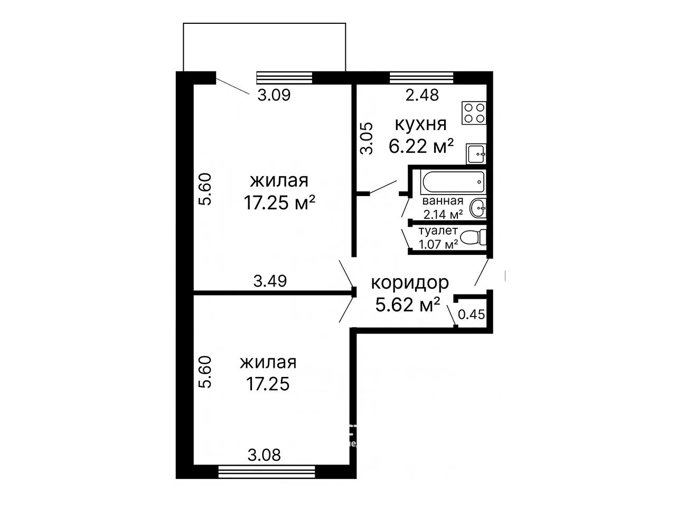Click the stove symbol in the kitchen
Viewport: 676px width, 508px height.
pyautogui.click(x=474, y=113)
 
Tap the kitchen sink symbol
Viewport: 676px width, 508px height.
pyautogui.click(x=476, y=153)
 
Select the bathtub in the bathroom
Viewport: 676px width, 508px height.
pyautogui.click(x=453, y=181)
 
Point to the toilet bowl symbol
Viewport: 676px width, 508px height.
pyautogui.click(x=473, y=237)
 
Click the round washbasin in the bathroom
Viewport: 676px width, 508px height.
pyautogui.click(x=477, y=208)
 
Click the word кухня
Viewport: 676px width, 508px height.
pyautogui.click(x=420, y=124)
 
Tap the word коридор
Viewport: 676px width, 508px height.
pyautogui.click(x=410, y=283)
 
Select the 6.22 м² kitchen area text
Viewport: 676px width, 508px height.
pyautogui.click(x=421, y=146)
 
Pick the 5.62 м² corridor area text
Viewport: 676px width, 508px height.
pyautogui.click(x=407, y=304)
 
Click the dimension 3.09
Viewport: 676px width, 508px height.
pyautogui.click(x=274, y=95)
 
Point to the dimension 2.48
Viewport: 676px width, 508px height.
pyautogui.click(x=422, y=95)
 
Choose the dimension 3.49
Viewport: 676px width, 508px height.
pyautogui.click(x=270, y=281)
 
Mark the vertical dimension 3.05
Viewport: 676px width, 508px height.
pyautogui.click(x=367, y=138)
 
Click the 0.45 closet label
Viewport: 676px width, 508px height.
pyautogui.click(x=471, y=315)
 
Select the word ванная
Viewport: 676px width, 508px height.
pyautogui.click(x=443, y=201)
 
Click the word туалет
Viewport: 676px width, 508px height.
pyautogui.click(x=438, y=230)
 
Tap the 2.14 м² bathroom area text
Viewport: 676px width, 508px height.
pyautogui.click(x=443, y=214)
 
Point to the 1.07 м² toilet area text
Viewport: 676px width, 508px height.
pyautogui.click(x=438, y=244)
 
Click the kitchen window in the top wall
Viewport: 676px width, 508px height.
pyautogui.click(x=421, y=77)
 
